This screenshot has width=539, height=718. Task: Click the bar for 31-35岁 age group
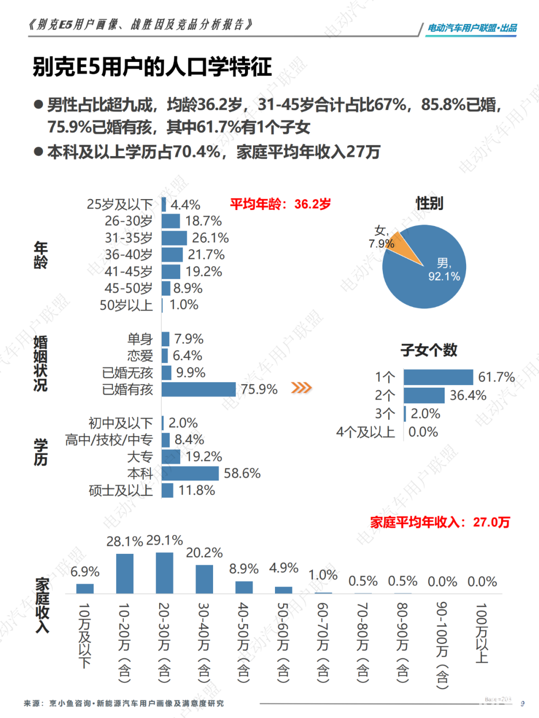click(x=174, y=238)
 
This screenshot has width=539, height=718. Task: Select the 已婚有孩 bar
click(x=199, y=389)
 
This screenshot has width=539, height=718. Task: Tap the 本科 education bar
click(x=190, y=474)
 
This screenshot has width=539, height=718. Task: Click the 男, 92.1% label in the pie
click(x=444, y=270)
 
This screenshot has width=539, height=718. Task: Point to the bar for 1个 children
click(x=438, y=377)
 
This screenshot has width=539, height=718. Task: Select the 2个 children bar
click(x=424, y=396)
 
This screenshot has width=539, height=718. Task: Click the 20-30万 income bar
click(x=164, y=573)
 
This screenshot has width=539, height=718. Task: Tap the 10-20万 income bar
click(x=125, y=573)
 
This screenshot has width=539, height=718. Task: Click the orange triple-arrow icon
click(x=301, y=388)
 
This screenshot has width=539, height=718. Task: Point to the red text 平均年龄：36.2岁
click(x=280, y=204)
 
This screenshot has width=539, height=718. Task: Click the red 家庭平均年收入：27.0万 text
click(x=440, y=522)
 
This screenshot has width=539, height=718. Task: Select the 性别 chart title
click(x=429, y=203)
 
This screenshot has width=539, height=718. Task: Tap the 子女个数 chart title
click(x=429, y=350)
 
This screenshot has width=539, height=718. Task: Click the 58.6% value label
click(x=242, y=474)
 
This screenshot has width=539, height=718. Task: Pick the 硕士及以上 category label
click(x=121, y=490)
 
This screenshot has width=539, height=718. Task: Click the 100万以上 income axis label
click(x=482, y=633)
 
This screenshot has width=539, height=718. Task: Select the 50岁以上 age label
click(x=126, y=305)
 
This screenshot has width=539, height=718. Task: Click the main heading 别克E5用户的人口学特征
click(x=152, y=67)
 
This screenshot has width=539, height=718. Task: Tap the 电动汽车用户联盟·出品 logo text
click(x=472, y=28)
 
